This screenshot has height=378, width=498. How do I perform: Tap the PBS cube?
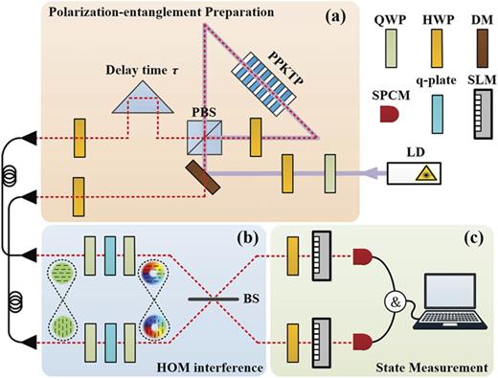204,138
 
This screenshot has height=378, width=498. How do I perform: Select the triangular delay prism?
143,97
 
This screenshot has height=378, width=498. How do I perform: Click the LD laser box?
414,173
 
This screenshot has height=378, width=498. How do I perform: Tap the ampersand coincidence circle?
396,302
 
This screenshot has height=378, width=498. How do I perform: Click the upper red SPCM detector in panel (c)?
362,257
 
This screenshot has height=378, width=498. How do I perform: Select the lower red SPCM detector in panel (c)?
362,342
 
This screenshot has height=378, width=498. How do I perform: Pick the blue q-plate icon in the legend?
437,114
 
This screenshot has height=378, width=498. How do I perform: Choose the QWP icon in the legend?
391,49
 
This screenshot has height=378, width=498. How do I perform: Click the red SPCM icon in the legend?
390,115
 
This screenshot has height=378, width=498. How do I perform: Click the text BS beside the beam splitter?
251,300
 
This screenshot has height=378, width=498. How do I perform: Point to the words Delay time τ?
143,70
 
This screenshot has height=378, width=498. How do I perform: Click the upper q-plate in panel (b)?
110,256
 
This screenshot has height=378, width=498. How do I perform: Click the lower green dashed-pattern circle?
63,327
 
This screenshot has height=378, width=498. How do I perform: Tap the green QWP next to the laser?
330,174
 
